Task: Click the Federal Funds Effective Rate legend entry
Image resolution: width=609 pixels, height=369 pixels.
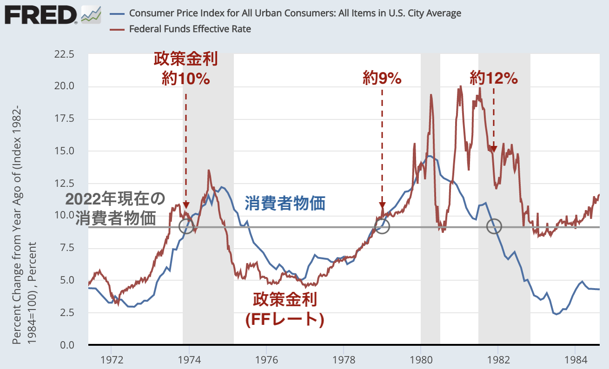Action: [x=190, y=29]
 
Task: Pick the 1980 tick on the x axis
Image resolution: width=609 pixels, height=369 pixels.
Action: [x=421, y=359]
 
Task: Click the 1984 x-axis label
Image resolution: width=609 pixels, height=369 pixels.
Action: [x=575, y=359]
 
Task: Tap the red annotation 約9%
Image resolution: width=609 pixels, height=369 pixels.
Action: [x=382, y=79]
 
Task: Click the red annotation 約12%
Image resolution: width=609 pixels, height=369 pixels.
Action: [x=493, y=79]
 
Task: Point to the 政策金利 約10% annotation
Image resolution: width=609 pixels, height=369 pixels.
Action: [x=186, y=69]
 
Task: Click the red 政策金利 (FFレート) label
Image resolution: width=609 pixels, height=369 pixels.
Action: [x=285, y=309]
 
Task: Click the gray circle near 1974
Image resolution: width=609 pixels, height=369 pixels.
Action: [x=186, y=226]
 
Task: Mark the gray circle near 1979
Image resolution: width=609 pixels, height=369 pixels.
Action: [x=382, y=226]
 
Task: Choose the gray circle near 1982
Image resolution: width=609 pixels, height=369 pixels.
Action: [x=494, y=226]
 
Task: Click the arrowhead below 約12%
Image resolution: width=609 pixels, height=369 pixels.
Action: [x=494, y=149]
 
